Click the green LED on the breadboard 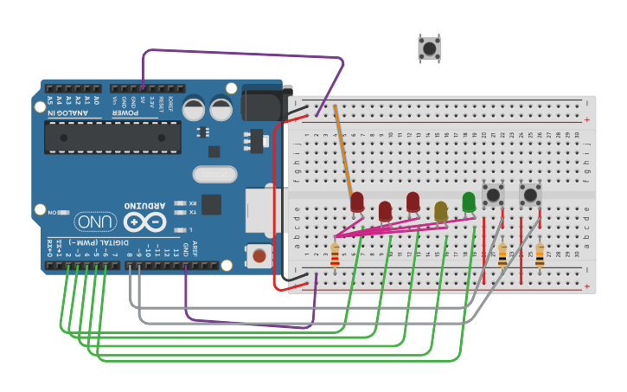(469, 202)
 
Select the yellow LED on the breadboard (440, 210)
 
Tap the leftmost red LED (357, 202)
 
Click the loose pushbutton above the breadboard (429, 48)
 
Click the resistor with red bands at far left (336, 254)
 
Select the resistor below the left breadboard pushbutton (502, 254)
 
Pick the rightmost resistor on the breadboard (540, 254)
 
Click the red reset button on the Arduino (258, 255)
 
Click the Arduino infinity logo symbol (145, 222)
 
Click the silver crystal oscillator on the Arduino (214, 175)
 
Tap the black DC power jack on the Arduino (264, 101)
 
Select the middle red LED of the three (385, 210)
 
